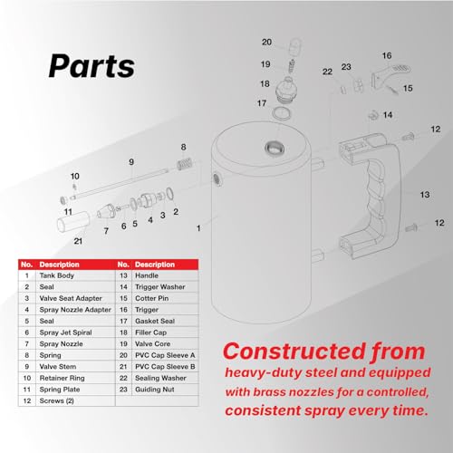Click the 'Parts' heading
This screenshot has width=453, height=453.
pyautogui.click(x=92, y=66)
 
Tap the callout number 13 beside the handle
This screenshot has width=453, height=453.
pyautogui.click(x=425, y=195)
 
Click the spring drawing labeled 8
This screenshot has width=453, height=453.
pyautogui.click(x=185, y=164)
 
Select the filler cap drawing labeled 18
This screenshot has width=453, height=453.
pyautogui.click(x=284, y=91)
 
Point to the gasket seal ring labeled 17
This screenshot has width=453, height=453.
pyautogui.click(x=282, y=113)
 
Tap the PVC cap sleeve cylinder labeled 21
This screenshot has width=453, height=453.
pyautogui.click(x=73, y=222)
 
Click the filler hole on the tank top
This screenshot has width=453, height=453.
pyautogui.click(x=275, y=148)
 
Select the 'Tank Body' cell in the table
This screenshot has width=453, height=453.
pyautogui.click(x=57, y=275)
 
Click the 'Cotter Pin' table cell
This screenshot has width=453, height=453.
pyautogui.click(x=152, y=298)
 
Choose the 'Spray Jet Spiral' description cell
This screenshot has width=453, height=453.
pyautogui.click(x=65, y=333)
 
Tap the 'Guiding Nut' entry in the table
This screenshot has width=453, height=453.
pyautogui.click(x=155, y=390)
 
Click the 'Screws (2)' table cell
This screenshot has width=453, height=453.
pyautogui.click(x=57, y=400)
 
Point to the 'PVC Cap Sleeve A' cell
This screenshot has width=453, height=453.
pyautogui.click(x=165, y=355)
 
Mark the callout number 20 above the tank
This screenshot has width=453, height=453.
pyautogui.click(x=266, y=42)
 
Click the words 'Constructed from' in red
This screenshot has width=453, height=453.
pyautogui.click(x=324, y=352)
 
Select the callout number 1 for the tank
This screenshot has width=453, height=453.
pyautogui.click(x=198, y=228)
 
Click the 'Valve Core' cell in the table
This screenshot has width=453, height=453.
pyautogui.click(x=152, y=344)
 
